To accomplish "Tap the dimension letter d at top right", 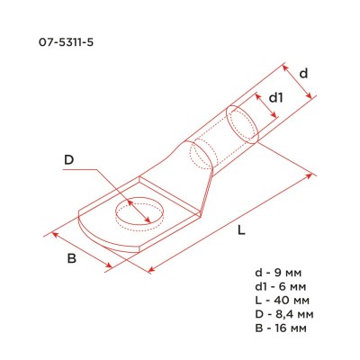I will (304, 73).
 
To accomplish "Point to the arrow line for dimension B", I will (83, 250).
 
